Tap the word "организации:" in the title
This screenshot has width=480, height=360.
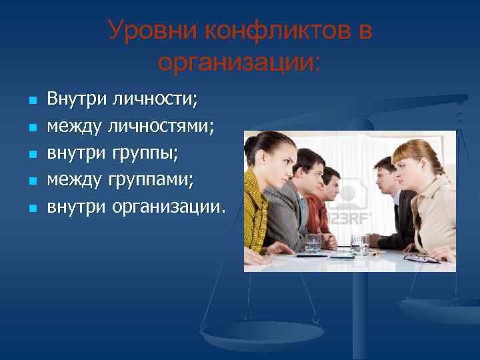[239, 63]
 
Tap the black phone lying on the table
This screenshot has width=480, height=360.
[341, 256]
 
